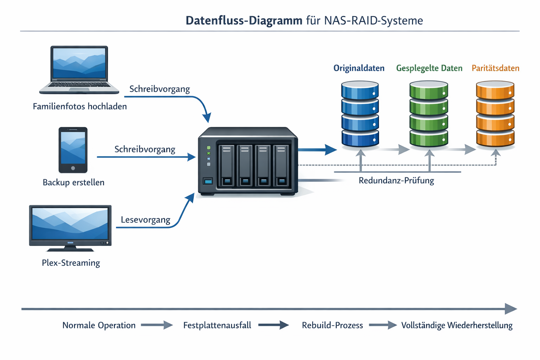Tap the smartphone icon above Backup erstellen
click(73, 150)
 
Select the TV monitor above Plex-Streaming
click(70, 227)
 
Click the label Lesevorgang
click(145, 220)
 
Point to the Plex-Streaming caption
click(71, 263)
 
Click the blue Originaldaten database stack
click(360, 114)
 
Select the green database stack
click(429, 114)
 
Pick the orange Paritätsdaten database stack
click(495, 114)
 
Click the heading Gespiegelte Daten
click(429, 68)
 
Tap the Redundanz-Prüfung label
click(396, 181)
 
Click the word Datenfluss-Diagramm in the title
click(244, 20)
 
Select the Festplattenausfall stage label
click(217, 326)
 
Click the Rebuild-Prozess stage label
click(332, 326)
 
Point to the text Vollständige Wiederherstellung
click(457, 326)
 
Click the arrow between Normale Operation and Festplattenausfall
click(157, 325)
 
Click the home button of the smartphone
click(73, 168)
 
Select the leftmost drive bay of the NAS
click(227, 165)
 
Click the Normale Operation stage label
click(99, 326)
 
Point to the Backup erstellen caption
click(73, 182)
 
